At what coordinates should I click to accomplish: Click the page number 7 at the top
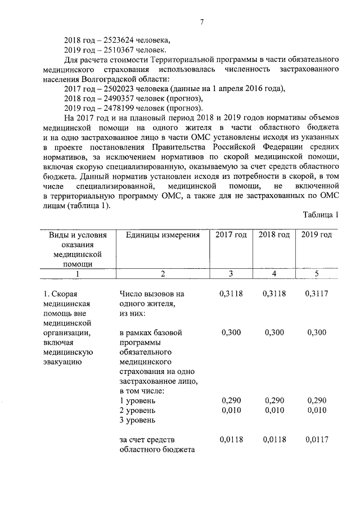[201, 22]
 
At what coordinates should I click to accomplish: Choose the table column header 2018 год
[273, 235]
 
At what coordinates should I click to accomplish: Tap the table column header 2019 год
[316, 235]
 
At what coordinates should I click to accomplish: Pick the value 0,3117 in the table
[317, 294]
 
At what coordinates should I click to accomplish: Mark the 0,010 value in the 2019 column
[317, 410]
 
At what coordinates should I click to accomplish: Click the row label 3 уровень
[138, 420]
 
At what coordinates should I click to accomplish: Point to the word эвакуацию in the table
[63, 362]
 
